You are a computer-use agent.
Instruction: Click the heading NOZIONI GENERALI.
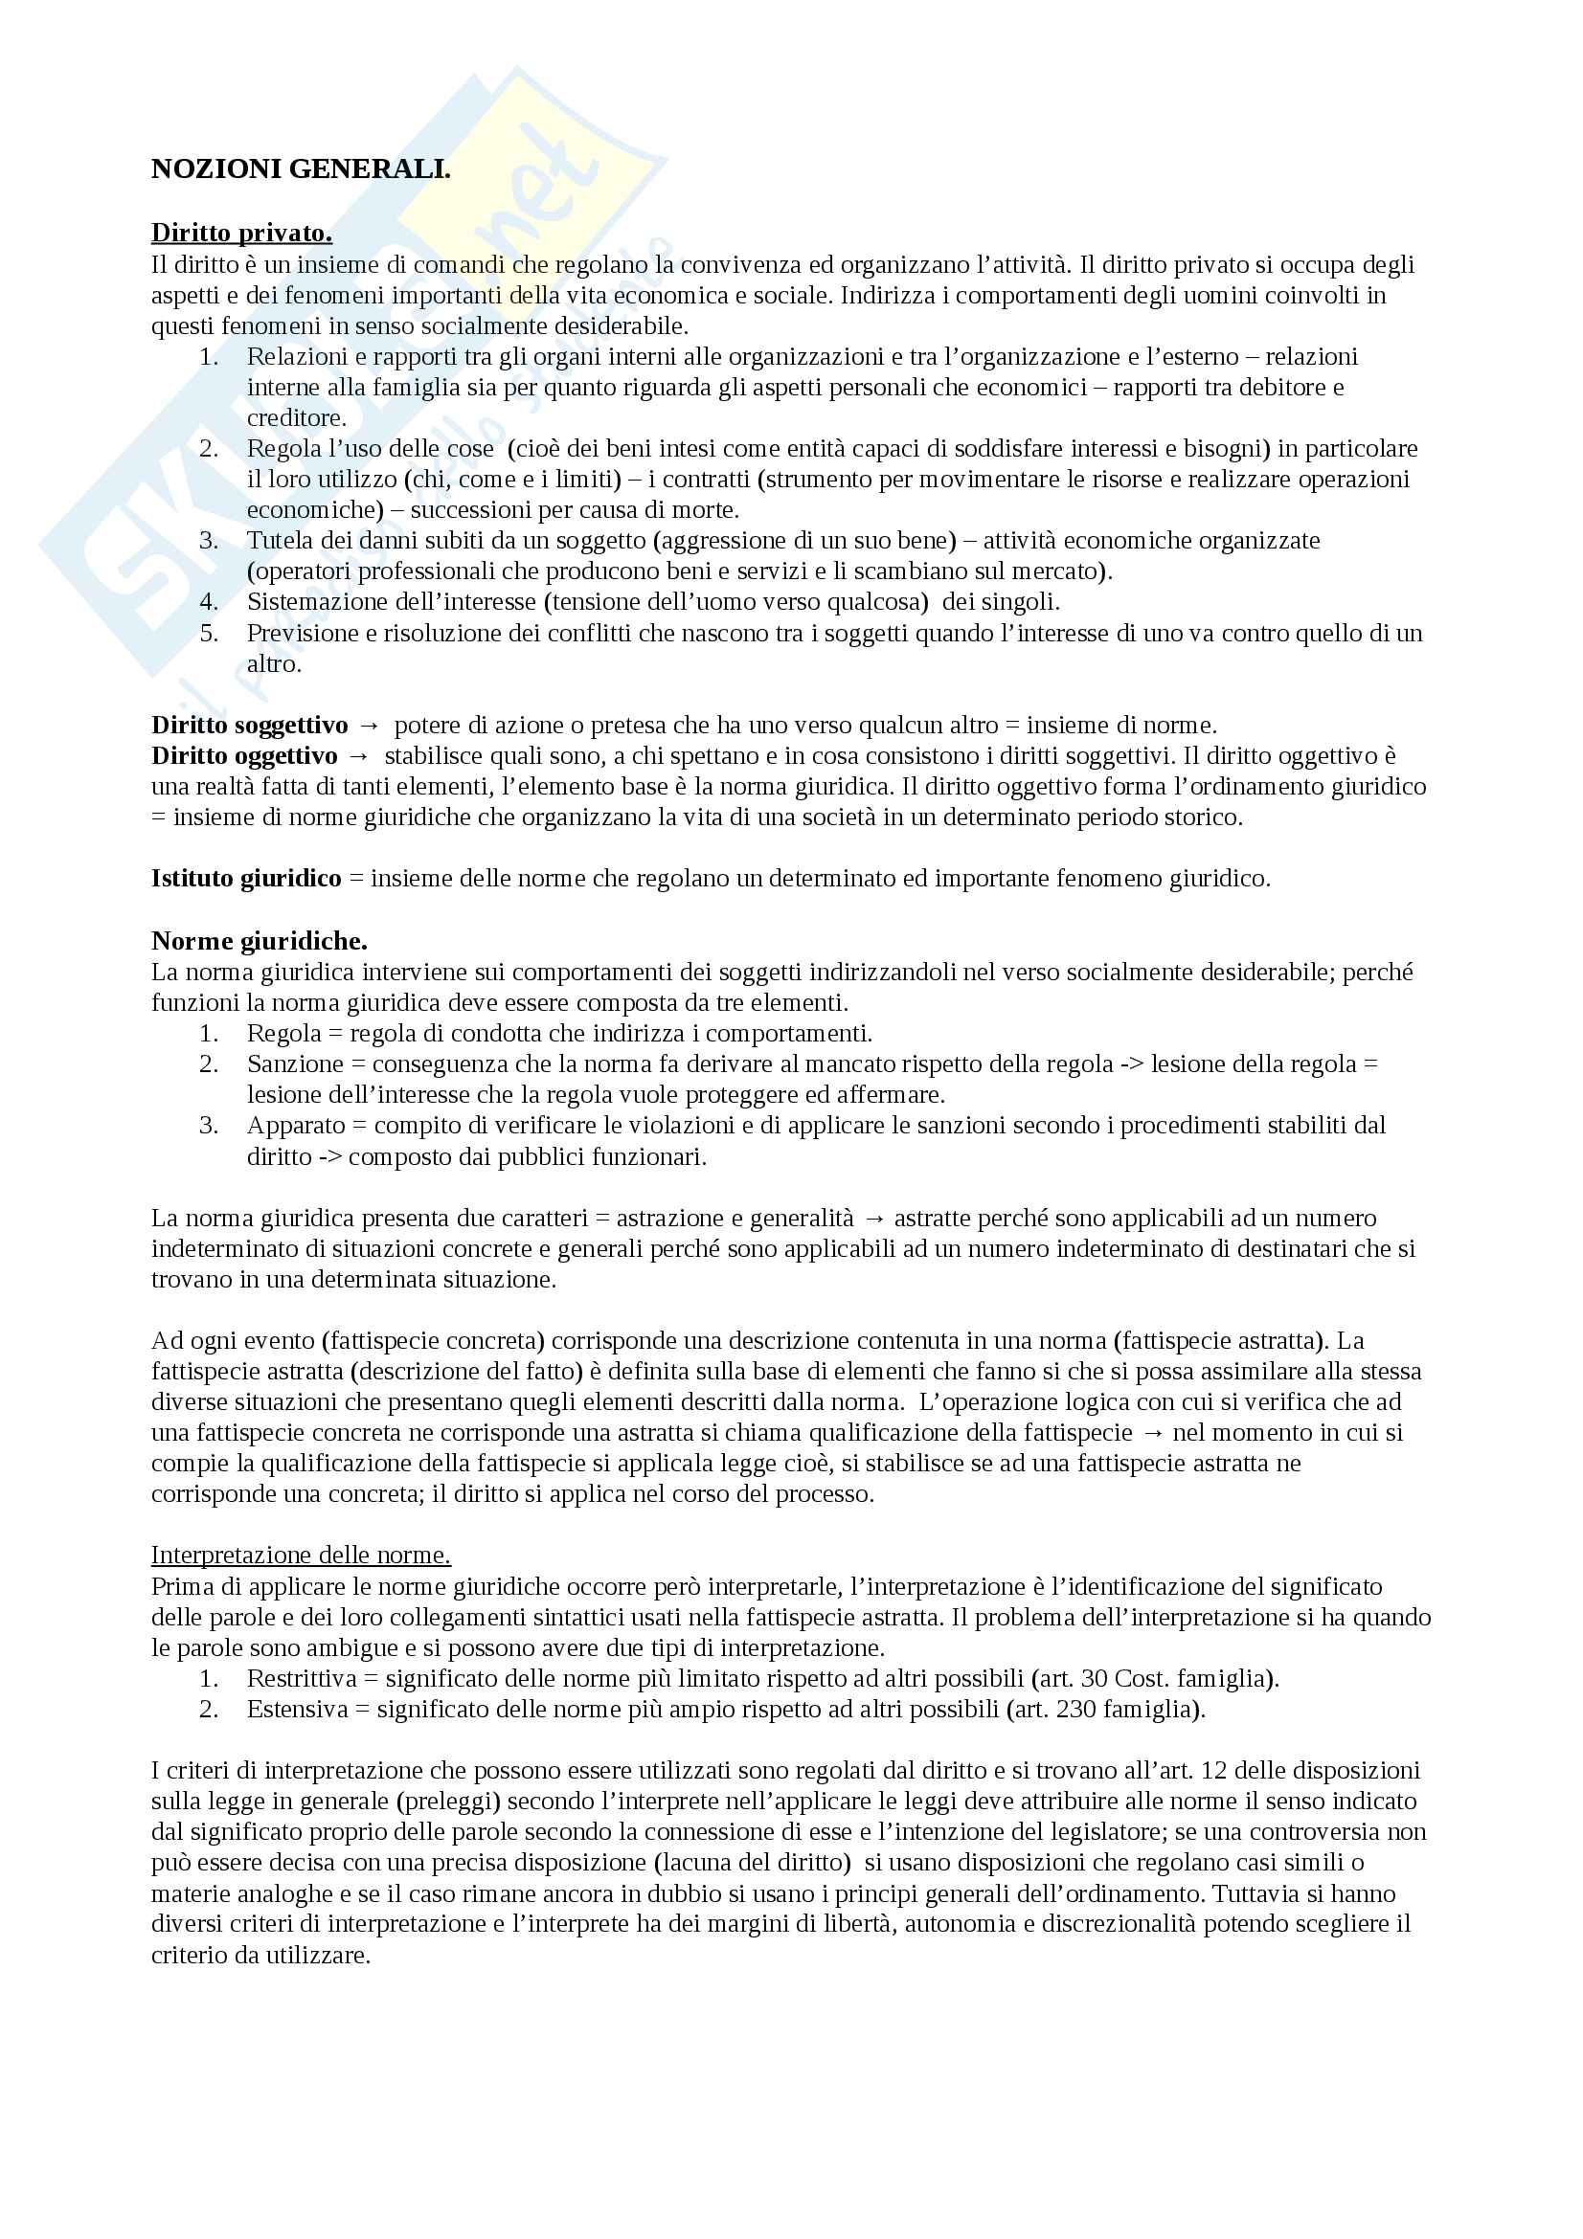301,169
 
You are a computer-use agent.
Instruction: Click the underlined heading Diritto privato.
241,233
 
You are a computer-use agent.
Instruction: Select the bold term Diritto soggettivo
249,726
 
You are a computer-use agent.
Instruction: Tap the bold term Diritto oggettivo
244,756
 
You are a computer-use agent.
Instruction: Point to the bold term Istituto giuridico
246,879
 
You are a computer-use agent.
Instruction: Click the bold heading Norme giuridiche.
259,941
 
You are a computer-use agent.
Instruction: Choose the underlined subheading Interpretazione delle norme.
301,1556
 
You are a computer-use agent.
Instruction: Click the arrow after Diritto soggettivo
369,726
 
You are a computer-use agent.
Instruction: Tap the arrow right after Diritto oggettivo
358,756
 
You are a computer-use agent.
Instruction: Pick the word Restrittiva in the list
297,1678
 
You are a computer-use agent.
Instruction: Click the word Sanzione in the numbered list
295,1064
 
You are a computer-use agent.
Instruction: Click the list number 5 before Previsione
209,633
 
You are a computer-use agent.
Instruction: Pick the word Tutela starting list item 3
276,540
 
